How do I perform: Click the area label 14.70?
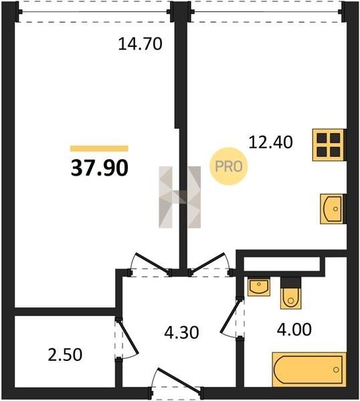[140, 43]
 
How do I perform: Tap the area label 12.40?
[270, 142]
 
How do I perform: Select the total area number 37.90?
[99, 168]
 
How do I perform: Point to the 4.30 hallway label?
[181, 333]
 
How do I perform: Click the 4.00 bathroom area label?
[294, 329]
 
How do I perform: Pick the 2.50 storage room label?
[65, 355]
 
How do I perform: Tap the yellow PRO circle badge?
[229, 166]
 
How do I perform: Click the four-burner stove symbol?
[329, 145]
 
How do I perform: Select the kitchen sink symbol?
[333, 209]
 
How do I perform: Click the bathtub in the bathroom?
[309, 370]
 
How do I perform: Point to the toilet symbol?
[290, 293]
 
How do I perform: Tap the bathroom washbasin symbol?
[259, 287]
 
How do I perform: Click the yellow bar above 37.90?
[99, 148]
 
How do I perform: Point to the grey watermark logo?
[180, 197]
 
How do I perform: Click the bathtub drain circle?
[336, 370]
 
